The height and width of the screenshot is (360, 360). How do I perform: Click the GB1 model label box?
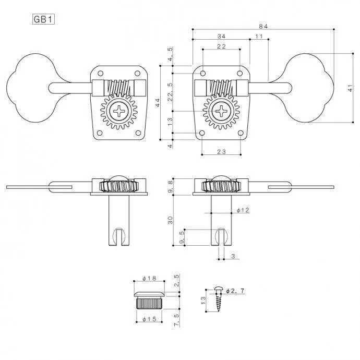(x=43, y=19)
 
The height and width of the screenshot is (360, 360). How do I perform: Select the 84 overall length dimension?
(x=263, y=26)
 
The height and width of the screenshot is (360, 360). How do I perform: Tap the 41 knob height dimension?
(x=350, y=88)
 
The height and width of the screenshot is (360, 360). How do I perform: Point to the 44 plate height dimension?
(x=157, y=102)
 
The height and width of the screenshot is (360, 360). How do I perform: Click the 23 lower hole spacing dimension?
(x=221, y=151)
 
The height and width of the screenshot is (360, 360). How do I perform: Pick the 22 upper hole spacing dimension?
(x=221, y=46)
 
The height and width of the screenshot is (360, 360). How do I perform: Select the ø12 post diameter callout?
(x=243, y=210)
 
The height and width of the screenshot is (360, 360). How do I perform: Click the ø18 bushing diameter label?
(x=149, y=278)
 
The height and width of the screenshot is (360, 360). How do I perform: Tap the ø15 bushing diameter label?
(x=149, y=319)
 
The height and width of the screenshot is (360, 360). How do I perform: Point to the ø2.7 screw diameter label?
(x=235, y=291)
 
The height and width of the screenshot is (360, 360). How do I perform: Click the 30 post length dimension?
(x=170, y=220)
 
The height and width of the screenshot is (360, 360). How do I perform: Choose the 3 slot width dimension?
(x=233, y=256)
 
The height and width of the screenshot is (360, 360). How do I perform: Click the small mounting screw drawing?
(x=218, y=299)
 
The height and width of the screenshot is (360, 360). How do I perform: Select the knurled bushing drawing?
(x=149, y=300)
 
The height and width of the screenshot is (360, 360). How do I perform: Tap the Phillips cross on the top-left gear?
(x=119, y=111)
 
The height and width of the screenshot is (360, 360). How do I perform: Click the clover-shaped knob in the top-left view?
(x=32, y=88)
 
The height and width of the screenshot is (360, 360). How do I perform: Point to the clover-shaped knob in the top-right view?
(x=308, y=88)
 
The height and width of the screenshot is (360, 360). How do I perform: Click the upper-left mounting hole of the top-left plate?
(x=100, y=74)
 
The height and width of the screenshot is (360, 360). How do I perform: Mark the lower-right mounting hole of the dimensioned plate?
(x=241, y=133)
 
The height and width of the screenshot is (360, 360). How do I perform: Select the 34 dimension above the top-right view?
(x=221, y=37)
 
